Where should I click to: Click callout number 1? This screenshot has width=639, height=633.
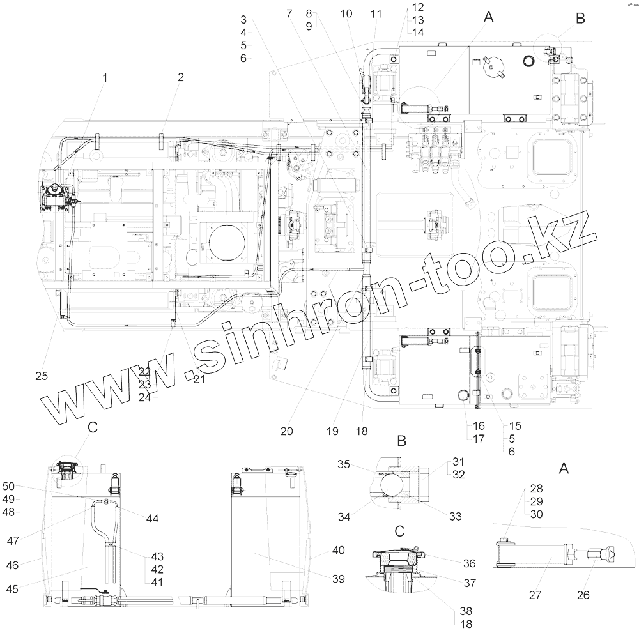pos(105,77)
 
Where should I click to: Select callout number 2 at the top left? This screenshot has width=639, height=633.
pos(181,77)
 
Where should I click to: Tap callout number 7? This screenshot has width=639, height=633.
pos(289,13)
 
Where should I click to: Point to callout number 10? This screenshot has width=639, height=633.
pos(346,13)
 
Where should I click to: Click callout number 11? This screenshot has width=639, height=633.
pos(376,14)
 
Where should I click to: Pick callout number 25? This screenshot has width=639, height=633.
pos(42,376)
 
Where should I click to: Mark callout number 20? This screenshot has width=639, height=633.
pos(286,431)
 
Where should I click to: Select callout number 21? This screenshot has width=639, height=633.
pos(199,379)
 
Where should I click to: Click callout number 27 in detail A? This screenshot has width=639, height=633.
pos(535,595)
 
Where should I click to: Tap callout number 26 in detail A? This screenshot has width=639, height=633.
pos(583,595)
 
